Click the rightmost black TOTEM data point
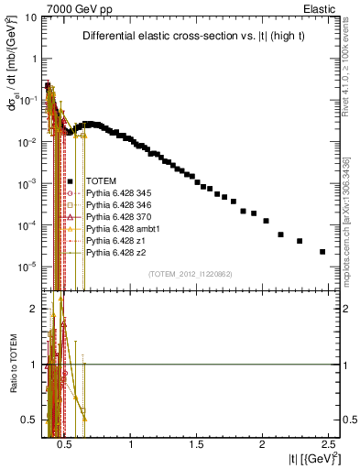tap(322, 252)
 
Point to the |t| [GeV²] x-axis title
tap(311, 458)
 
